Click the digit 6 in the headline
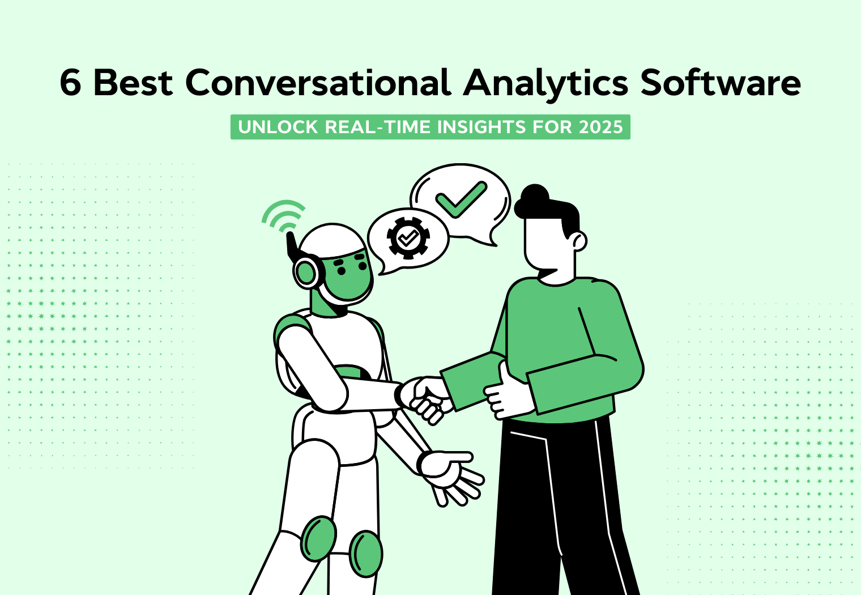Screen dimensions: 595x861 [70, 83]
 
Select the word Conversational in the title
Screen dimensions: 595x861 [318, 83]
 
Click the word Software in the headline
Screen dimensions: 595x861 [721, 83]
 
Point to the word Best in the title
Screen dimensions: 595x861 [133, 83]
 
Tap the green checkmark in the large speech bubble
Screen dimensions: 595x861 [461, 199]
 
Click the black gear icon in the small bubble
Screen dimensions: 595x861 [408, 238]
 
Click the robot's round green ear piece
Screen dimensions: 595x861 [306, 273]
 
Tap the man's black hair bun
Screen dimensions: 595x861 [533, 196]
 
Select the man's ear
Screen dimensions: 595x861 [578, 241]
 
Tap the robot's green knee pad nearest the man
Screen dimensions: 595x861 [365, 554]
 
